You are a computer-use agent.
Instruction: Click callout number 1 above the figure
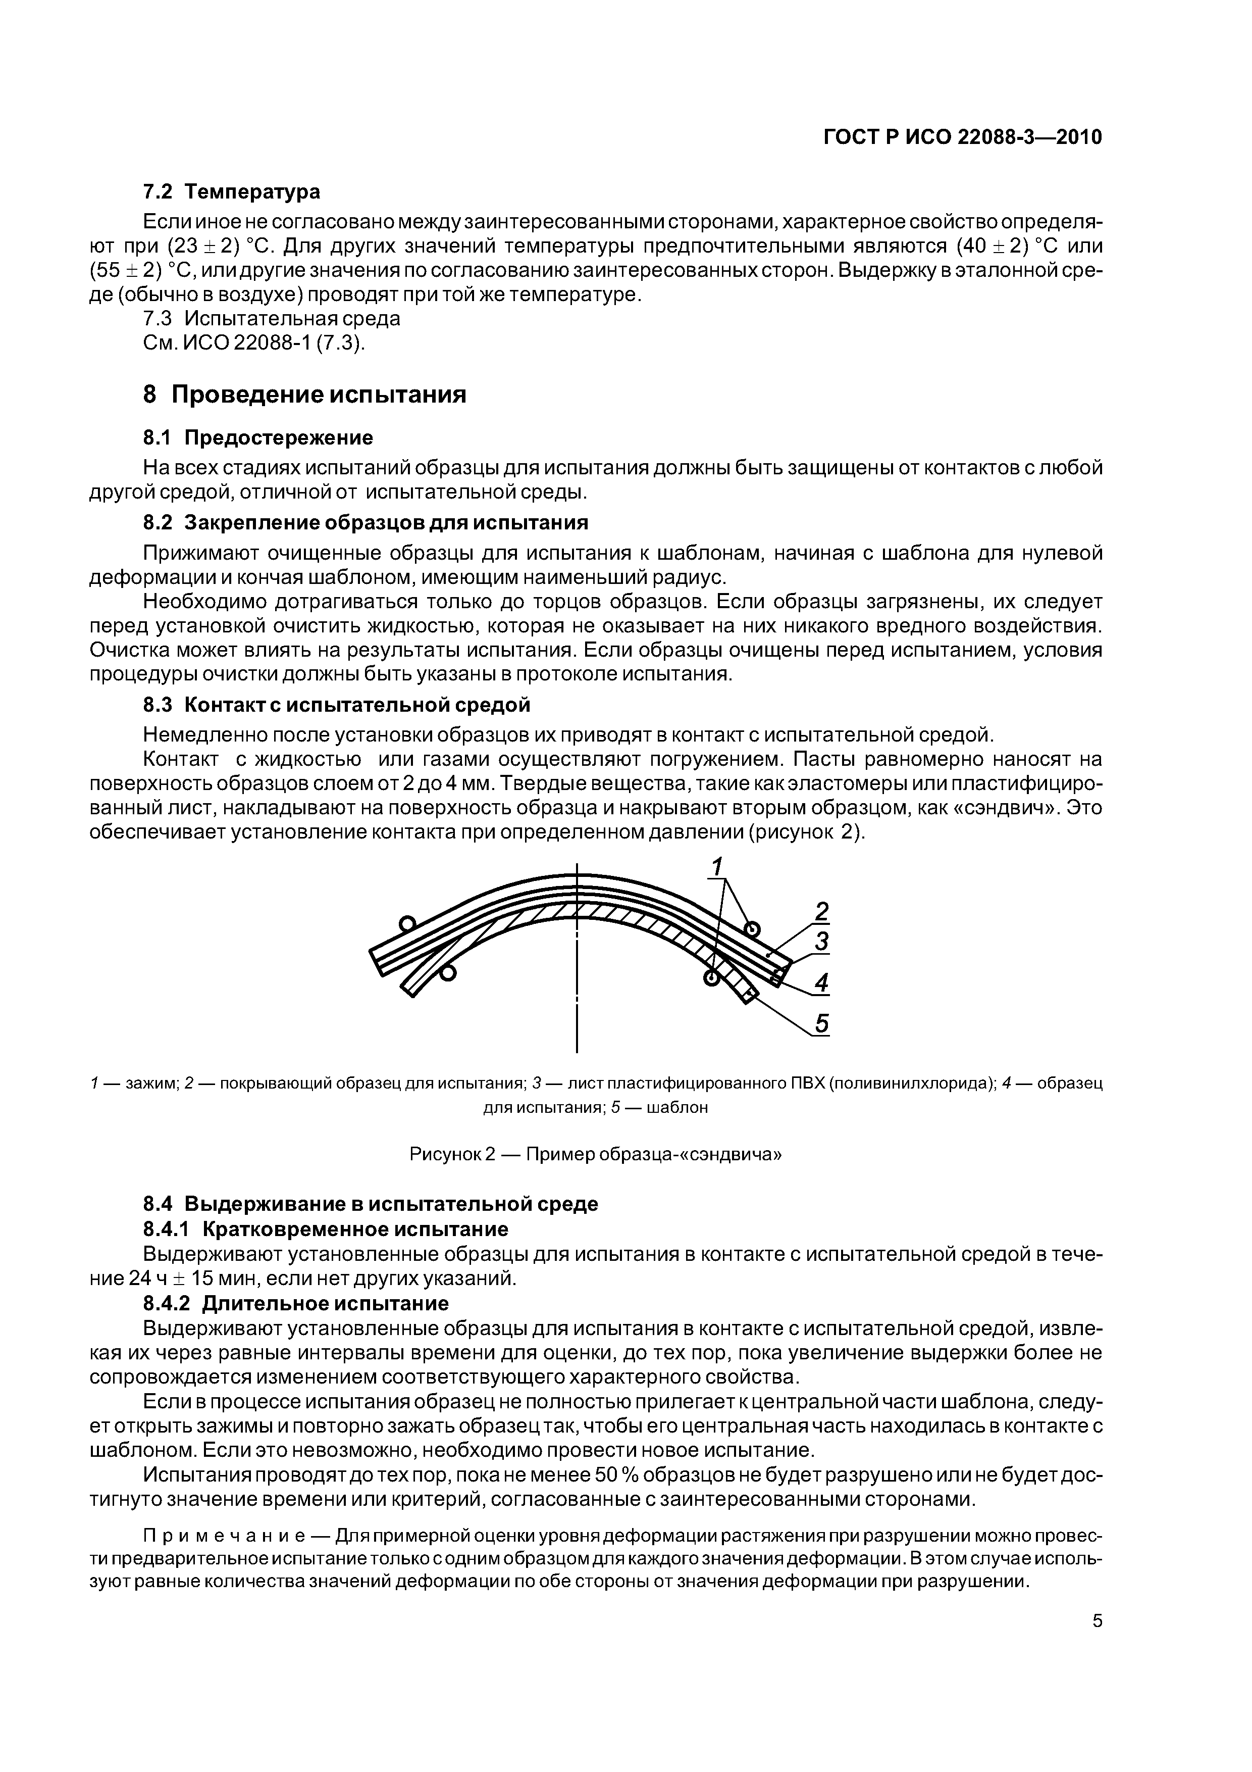[x=717, y=867]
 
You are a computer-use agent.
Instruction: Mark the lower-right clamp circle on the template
[x=711, y=978]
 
